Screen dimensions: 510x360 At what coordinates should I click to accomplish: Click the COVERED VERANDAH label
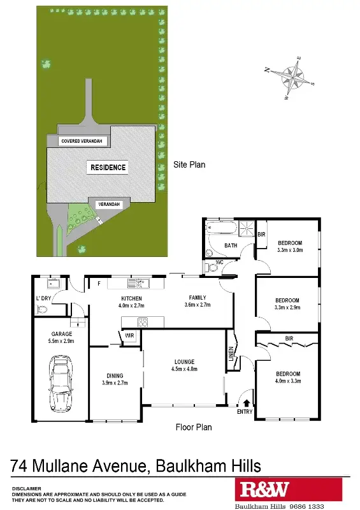82,141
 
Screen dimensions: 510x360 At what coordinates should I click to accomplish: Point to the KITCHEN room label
131,298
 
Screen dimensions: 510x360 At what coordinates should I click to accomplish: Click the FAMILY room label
197,298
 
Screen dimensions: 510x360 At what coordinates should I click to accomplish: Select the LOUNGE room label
184,361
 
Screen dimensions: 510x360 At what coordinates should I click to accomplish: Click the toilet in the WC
212,268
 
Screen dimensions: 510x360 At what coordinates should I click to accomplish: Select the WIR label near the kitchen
130,335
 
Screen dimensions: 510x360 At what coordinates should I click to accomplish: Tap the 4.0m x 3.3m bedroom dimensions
287,381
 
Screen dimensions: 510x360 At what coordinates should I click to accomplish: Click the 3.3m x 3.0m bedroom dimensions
289,250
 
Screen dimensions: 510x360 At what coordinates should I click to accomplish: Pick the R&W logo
261,490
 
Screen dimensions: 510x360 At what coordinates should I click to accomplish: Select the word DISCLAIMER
27,488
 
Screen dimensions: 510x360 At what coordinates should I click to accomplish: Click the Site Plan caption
189,164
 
